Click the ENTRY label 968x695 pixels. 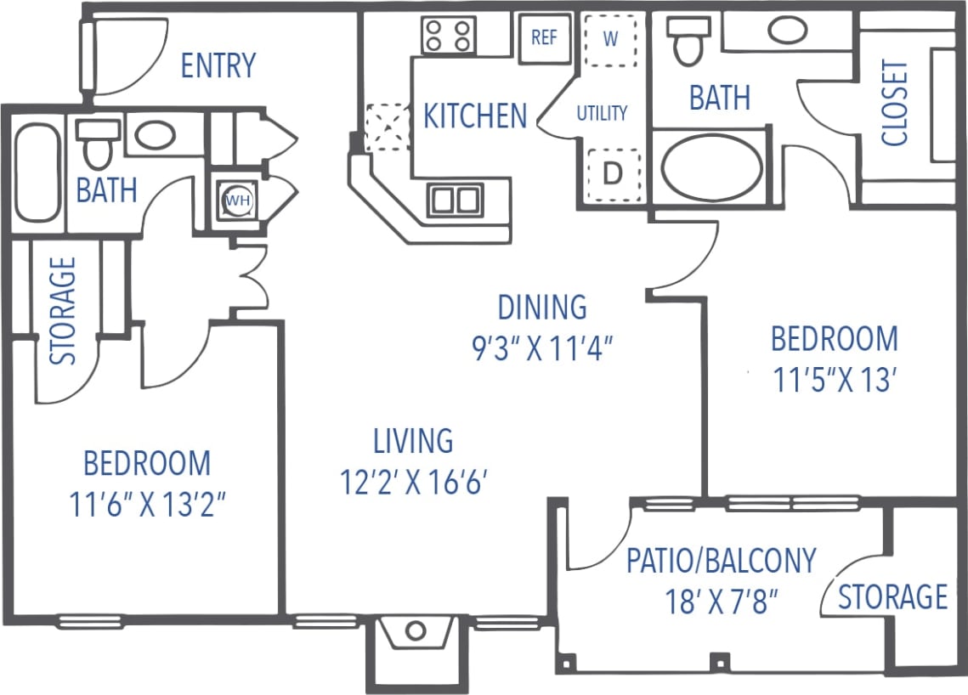pyautogui.click(x=218, y=65)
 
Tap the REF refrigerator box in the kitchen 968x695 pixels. pyautogui.click(x=544, y=38)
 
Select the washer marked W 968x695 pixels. pyautogui.click(x=610, y=39)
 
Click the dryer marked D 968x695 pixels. pyautogui.click(x=612, y=173)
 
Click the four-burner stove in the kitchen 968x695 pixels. pyautogui.click(x=448, y=35)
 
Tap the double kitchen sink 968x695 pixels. pyautogui.click(x=455, y=201)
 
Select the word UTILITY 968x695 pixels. pyautogui.click(x=602, y=113)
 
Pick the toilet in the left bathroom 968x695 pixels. pyautogui.click(x=98, y=144)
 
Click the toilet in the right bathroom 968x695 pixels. pyautogui.click(x=688, y=39)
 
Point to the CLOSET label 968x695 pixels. pyautogui.click(x=894, y=103)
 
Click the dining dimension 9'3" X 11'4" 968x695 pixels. pyautogui.click(x=542, y=347)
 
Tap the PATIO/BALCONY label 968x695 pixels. pyautogui.click(x=721, y=561)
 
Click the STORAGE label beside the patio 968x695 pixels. pyautogui.click(x=892, y=596)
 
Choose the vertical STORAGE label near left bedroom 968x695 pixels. pyautogui.click(x=64, y=311)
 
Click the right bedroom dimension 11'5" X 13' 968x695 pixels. pyautogui.click(x=834, y=381)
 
